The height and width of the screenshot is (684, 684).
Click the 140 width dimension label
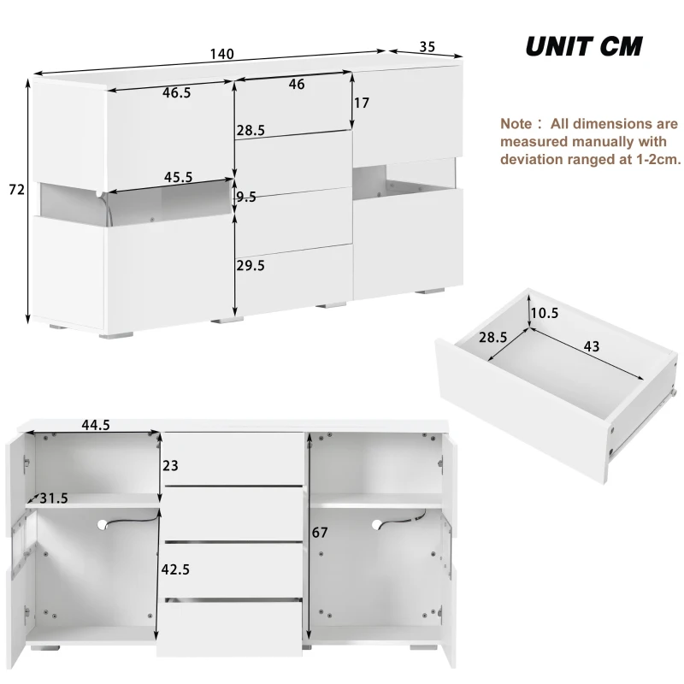click(221, 54)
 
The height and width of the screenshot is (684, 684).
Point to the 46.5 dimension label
click(176, 93)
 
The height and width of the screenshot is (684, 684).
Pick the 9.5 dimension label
click(246, 197)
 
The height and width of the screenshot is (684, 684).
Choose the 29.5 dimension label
click(251, 266)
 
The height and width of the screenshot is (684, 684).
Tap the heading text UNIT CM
click(583, 46)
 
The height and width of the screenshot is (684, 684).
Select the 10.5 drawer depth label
click(544, 313)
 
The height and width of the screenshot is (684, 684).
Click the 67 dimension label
click(320, 533)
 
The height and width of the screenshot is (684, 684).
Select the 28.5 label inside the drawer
click(493, 338)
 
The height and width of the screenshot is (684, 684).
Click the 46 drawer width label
click(297, 85)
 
